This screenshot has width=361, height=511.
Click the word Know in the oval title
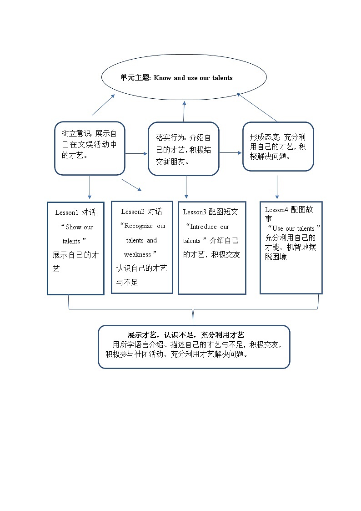click(162, 78)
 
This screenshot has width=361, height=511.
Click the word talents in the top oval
click(222, 78)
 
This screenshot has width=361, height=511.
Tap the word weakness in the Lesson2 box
click(137, 254)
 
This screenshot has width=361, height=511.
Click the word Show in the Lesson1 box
click(73, 227)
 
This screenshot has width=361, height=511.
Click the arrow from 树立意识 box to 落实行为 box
click(136, 154)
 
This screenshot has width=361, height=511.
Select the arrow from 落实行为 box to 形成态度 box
click(231, 153)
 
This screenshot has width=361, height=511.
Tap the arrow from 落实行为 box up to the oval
click(184, 111)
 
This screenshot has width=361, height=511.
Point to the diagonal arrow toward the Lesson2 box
click(131, 185)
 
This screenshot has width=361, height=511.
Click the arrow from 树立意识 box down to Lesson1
click(90, 187)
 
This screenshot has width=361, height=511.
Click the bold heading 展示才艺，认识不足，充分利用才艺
click(186, 335)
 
